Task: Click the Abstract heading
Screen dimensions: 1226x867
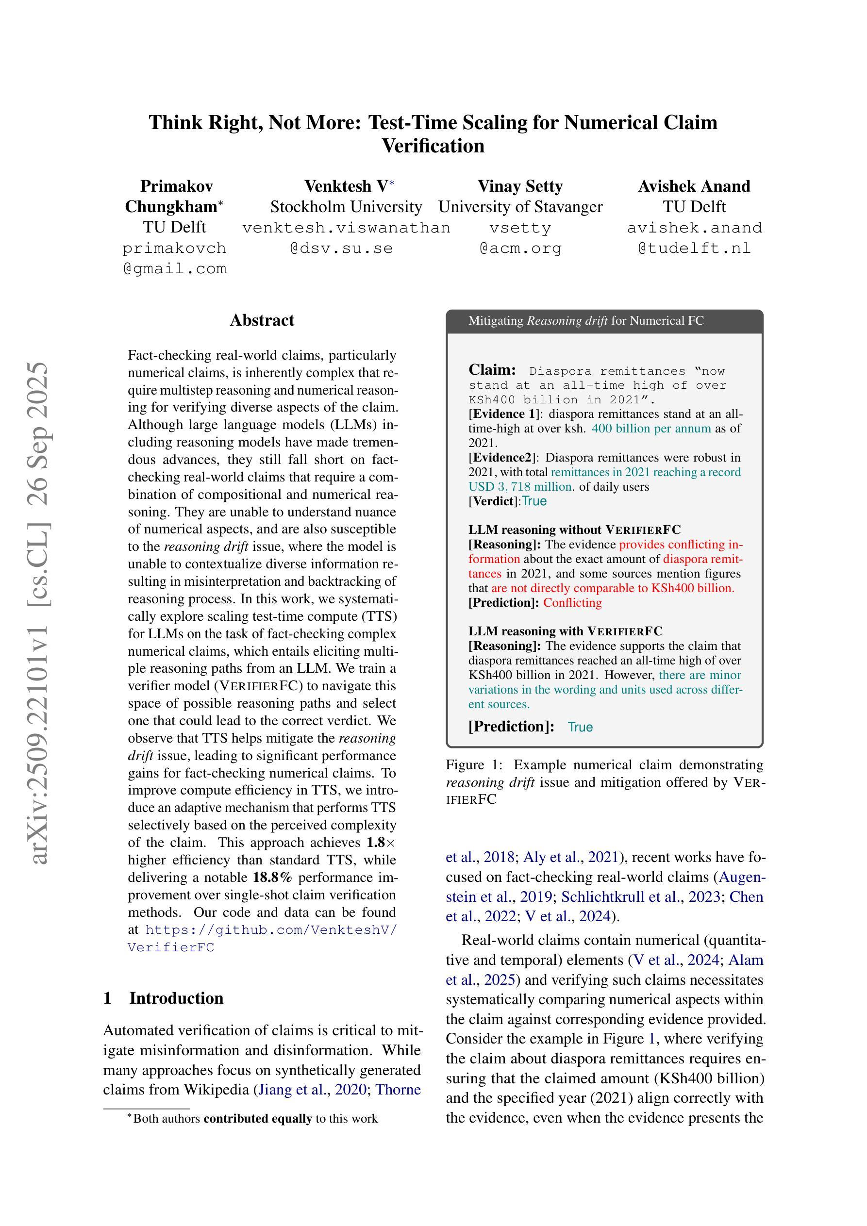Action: (262, 320)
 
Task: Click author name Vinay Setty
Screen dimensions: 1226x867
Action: (520, 186)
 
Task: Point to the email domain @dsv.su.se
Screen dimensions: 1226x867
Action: (341, 249)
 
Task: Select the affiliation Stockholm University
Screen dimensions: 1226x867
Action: (346, 207)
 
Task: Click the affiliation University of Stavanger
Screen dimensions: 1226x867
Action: (520, 207)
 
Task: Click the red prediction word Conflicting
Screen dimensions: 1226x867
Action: (572, 602)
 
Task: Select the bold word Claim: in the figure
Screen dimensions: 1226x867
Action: (492, 369)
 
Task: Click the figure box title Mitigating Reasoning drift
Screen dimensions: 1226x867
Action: (585, 320)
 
